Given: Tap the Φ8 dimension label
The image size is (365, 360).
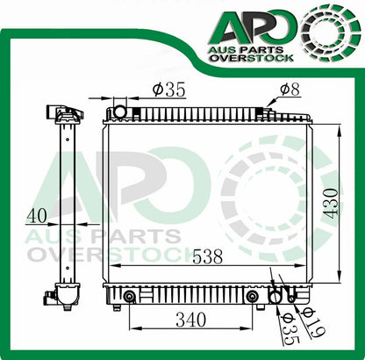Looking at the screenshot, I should (x=290, y=89).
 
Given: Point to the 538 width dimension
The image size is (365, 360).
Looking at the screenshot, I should (x=207, y=258).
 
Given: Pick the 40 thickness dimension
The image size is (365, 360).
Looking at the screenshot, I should (x=38, y=213).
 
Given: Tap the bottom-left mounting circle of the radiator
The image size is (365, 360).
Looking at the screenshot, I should (x=129, y=296).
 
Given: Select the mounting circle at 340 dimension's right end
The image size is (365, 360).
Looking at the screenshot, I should (x=253, y=296).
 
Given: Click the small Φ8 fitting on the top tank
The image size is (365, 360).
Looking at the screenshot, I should (x=267, y=112).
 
